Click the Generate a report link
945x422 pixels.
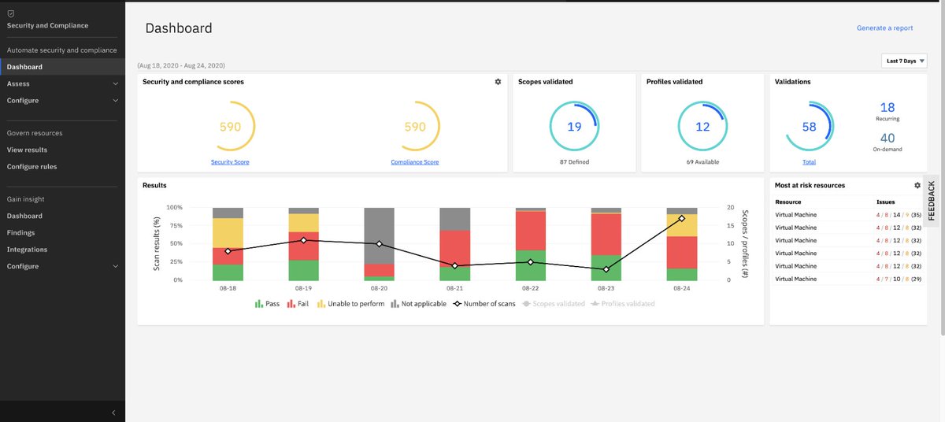pos(884,28)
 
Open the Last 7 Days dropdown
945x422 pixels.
pos(904,61)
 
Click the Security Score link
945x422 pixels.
pos(230,162)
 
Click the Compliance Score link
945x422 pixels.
pos(415,162)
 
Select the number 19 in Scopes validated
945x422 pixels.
pos(574,127)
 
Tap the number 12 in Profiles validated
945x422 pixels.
pos(702,127)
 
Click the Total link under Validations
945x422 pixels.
pos(809,162)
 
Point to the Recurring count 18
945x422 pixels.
pos(888,108)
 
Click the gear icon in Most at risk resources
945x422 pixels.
pos(917,185)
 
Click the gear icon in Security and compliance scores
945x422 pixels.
pos(498,82)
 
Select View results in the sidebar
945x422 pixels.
pos(27,150)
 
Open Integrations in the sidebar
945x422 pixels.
pos(27,250)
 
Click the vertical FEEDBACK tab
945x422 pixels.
pos(932,200)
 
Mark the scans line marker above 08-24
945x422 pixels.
pos(682,218)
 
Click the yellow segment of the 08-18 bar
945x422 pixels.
pos(228,233)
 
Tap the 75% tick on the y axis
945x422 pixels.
pos(174,226)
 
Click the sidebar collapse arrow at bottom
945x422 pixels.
pos(113,413)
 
